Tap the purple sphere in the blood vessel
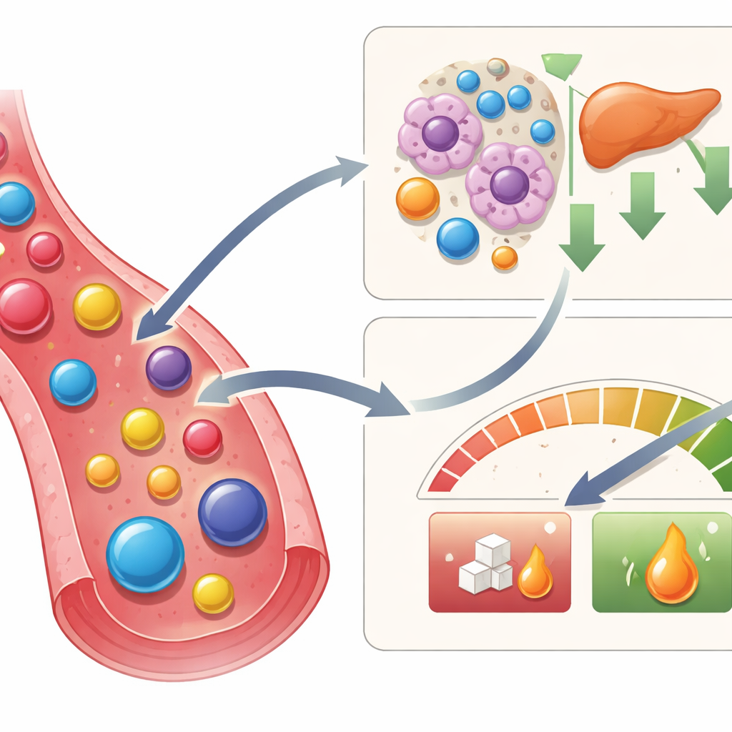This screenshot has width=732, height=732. click(169, 367)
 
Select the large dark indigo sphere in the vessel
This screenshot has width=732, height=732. click(232, 512)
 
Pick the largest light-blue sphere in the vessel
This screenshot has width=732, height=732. click(145, 554)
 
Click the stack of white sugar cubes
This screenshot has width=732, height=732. click(486, 565)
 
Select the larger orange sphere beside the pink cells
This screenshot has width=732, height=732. click(417, 198)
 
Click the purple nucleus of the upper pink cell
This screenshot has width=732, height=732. click(440, 133)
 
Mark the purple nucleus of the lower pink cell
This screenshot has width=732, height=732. click(509, 184)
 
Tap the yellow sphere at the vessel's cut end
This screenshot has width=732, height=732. click(213, 593)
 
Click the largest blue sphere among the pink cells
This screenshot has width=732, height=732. click(457, 238)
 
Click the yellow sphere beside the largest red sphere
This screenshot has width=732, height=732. click(97, 306)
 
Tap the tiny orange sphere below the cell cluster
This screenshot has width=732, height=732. click(505, 257)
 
